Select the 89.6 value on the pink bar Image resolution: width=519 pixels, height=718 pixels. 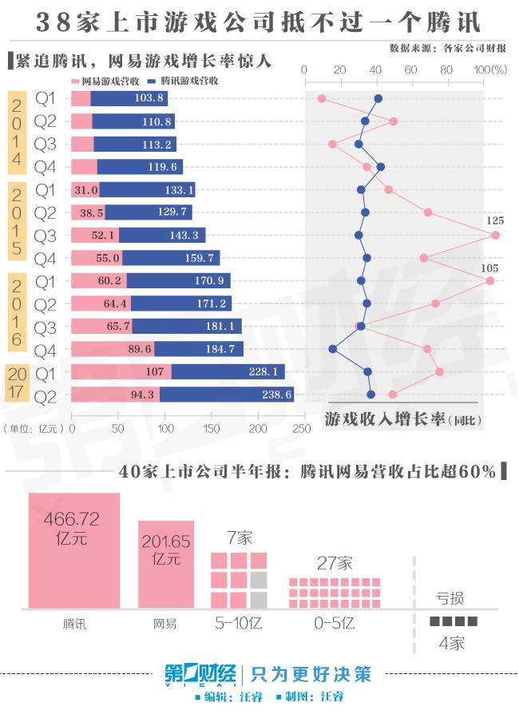tap(139, 349)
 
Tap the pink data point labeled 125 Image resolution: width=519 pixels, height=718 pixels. tap(496, 235)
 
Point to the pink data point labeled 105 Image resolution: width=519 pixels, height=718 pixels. tap(489, 280)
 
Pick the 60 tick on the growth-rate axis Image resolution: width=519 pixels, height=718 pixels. tap(410, 70)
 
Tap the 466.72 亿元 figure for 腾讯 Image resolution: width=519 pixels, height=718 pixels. tap(73, 528)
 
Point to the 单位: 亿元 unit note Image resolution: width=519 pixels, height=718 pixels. tap(35, 429)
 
